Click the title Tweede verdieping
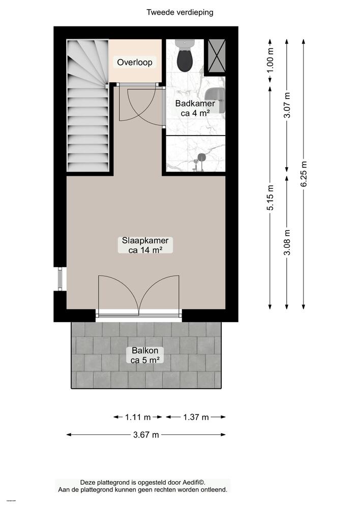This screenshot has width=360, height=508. coord(179,12)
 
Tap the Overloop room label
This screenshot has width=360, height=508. coord(135,62)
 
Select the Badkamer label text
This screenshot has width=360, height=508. coord(195,104)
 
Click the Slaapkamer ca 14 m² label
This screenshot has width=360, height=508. coord(145,245)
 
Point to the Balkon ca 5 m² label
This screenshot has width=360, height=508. coord(145,355)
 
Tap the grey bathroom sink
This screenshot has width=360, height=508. coord(216,94)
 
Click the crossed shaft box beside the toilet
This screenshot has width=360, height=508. coord(215,57)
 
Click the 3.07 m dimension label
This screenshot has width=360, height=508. coord(287,106)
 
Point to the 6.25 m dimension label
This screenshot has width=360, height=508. coord(304,174)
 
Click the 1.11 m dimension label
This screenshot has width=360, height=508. coord(138,417)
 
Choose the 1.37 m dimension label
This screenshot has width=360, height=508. coord(196,417)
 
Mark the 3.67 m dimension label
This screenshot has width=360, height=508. coord(146,434)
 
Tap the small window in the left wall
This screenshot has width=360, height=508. coord(61,278)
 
